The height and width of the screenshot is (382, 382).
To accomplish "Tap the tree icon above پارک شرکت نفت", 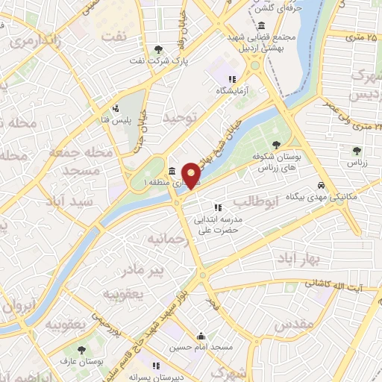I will [158, 50].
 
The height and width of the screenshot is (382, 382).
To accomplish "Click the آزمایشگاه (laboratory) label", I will [231, 90].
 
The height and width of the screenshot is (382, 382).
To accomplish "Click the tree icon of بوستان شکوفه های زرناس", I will [276, 145].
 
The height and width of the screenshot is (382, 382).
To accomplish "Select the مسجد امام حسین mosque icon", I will [199, 336].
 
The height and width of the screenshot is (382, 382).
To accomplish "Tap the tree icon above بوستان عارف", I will [81, 350].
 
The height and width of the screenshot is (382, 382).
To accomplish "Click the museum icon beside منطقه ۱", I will [172, 171].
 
